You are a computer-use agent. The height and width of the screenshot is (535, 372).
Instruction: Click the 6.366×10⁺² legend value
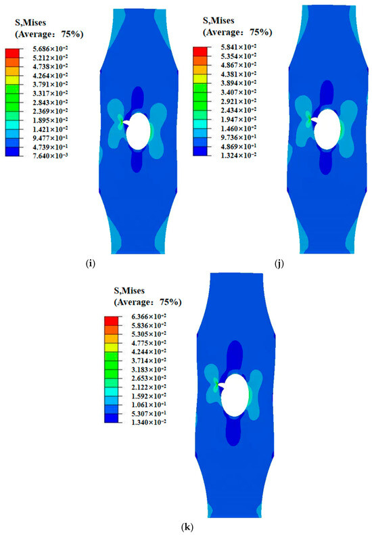[149, 317]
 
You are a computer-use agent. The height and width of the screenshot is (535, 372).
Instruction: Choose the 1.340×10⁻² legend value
[149, 423]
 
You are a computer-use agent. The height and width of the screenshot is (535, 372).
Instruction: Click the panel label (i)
[90, 263]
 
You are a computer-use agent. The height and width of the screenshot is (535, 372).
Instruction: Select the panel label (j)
[279, 264]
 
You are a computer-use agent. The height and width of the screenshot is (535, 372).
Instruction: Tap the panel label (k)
[187, 527]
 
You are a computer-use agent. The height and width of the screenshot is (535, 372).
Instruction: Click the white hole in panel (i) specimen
[138, 131]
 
